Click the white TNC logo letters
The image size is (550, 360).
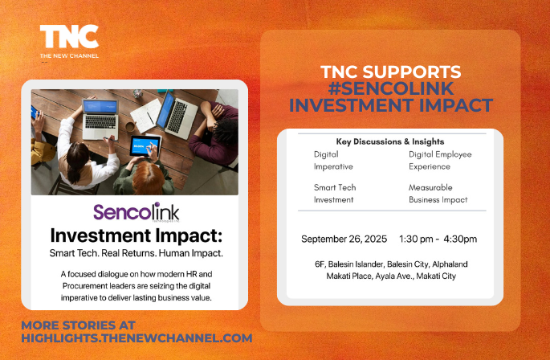coord(69,36)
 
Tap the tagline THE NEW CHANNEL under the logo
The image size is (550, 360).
coord(69,55)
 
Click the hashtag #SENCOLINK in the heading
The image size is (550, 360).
coord(391,88)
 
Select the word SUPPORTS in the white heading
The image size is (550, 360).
coord(412,72)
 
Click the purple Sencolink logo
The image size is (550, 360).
coord(136,212)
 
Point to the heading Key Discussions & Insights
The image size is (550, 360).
coord(390,141)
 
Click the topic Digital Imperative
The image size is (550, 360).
coord(333,160)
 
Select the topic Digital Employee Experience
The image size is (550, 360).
coord(440,160)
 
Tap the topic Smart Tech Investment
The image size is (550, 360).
coord(335,194)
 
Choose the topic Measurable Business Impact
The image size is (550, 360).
coord(438,194)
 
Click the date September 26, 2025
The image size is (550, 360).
coord(344,239)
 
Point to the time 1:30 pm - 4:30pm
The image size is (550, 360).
coord(438,239)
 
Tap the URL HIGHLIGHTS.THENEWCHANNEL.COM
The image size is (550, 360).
coord(136,337)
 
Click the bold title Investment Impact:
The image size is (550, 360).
coord(136,235)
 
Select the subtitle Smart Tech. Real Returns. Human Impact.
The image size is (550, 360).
coord(136,253)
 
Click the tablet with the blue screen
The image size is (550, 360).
coord(145,145)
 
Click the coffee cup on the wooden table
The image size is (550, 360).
coord(130,126)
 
